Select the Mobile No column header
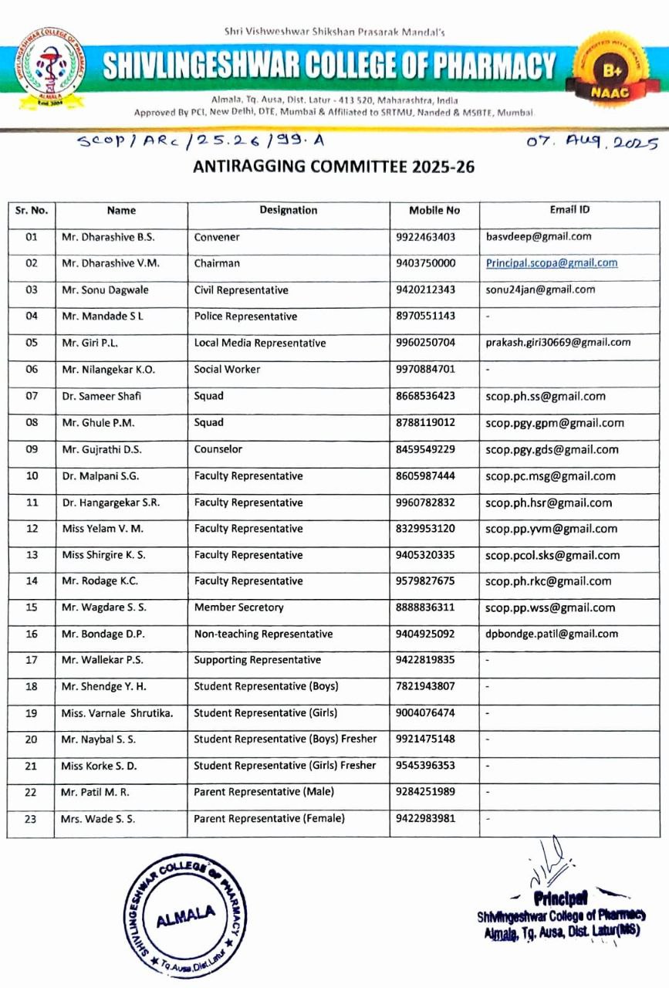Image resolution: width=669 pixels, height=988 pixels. pos(434,210)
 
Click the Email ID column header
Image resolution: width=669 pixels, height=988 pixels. pos(569,209)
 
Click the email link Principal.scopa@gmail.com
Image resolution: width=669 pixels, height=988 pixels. pos(552,263)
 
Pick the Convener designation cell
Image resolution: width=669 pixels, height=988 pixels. pos(217,237)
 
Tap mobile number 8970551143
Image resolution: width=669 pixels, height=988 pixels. pos(425,316)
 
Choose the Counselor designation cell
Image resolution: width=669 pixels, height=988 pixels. pos(218,449)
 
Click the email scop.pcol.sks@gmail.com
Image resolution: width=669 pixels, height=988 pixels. pos(552,555)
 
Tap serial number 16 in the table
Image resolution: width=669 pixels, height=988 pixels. pos(32,634)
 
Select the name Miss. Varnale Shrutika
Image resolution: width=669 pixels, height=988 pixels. pos(117,713)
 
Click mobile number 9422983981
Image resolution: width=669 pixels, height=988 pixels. pos(425,819)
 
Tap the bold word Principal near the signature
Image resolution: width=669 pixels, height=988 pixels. pos(560,898)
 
